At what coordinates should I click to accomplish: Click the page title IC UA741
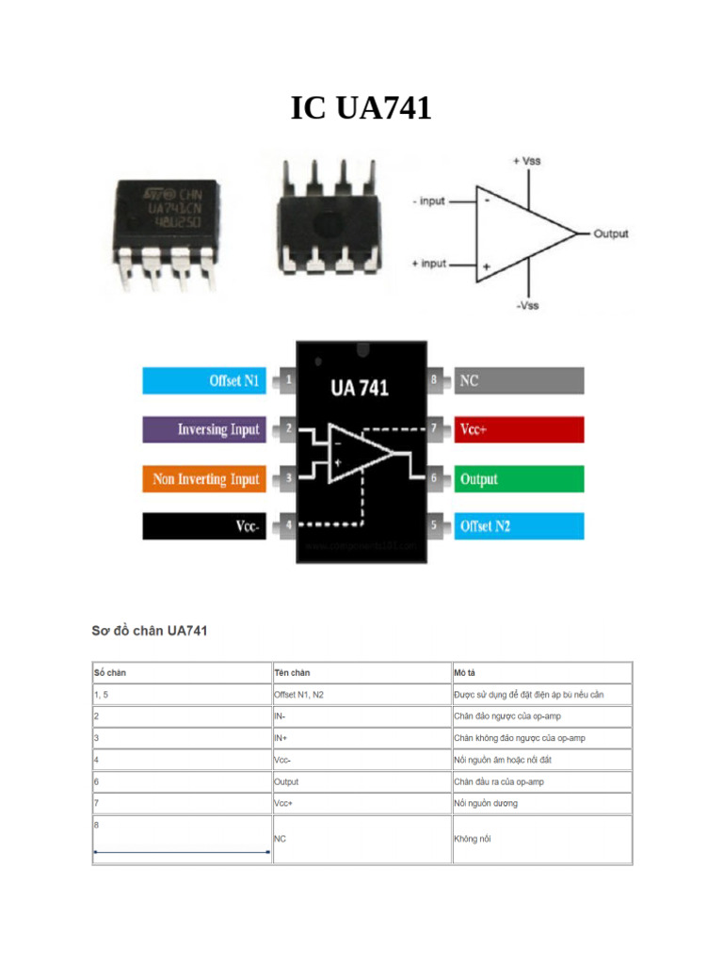coord(361,109)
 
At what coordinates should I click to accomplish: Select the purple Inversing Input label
coord(202,429)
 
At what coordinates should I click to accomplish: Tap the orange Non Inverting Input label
coord(202,479)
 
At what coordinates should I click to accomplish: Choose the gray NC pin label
coord(519,380)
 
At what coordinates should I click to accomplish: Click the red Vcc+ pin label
coord(519,429)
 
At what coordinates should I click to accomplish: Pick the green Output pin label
coord(519,479)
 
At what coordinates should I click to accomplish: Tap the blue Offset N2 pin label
coord(519,526)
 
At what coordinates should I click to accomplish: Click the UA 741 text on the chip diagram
coord(359,387)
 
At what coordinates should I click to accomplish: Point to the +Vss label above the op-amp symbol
coord(526,161)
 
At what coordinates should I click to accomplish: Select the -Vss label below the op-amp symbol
coord(526,305)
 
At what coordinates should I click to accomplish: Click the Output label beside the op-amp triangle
coord(611,233)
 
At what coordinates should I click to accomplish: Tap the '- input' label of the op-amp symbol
coord(428,201)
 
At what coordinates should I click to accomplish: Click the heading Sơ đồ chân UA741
coord(149,630)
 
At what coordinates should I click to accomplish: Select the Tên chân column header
coord(292,673)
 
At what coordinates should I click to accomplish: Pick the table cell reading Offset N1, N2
coord(298,695)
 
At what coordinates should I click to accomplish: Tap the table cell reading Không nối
coord(472,838)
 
